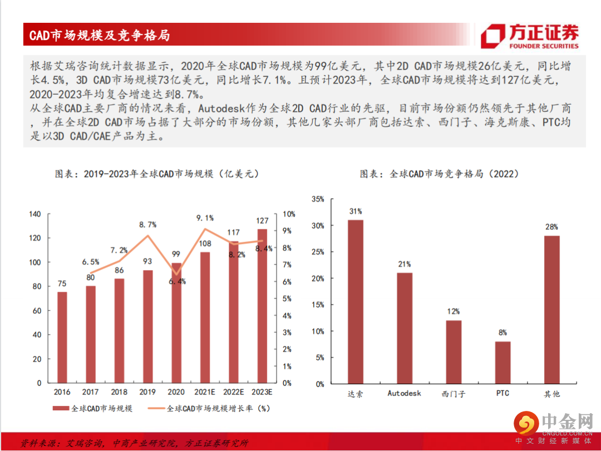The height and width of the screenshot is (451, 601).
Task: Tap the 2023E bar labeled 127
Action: tap(262, 306)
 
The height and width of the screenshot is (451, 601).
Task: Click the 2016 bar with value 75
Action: tap(62, 337)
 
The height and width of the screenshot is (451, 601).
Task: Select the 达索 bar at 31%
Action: tap(355, 301)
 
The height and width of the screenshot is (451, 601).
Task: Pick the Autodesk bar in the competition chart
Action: tap(404, 328)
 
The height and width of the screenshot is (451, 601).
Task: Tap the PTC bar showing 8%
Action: tap(503, 362)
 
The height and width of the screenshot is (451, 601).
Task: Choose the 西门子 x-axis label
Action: tap(454, 394)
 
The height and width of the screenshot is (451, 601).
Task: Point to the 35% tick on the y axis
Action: tap(318, 199)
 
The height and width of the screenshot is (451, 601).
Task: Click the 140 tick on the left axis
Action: tap(35, 214)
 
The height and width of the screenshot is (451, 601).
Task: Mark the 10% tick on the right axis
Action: tap(289, 214)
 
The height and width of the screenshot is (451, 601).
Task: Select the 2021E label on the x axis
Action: tap(205, 392)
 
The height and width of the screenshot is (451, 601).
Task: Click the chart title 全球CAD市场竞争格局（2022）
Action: tap(440, 174)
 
